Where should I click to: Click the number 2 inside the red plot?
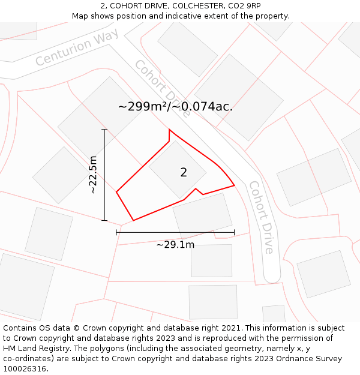184,172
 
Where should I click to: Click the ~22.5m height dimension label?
93,175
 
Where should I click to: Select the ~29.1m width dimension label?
175,245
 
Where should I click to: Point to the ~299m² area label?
175,107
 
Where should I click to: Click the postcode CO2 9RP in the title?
245,5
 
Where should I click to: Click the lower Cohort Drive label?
262,217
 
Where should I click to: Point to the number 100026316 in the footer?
26,368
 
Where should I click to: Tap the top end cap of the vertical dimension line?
104,130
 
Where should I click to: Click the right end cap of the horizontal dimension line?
234,232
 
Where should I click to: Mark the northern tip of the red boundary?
169,130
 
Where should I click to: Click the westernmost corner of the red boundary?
116,192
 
